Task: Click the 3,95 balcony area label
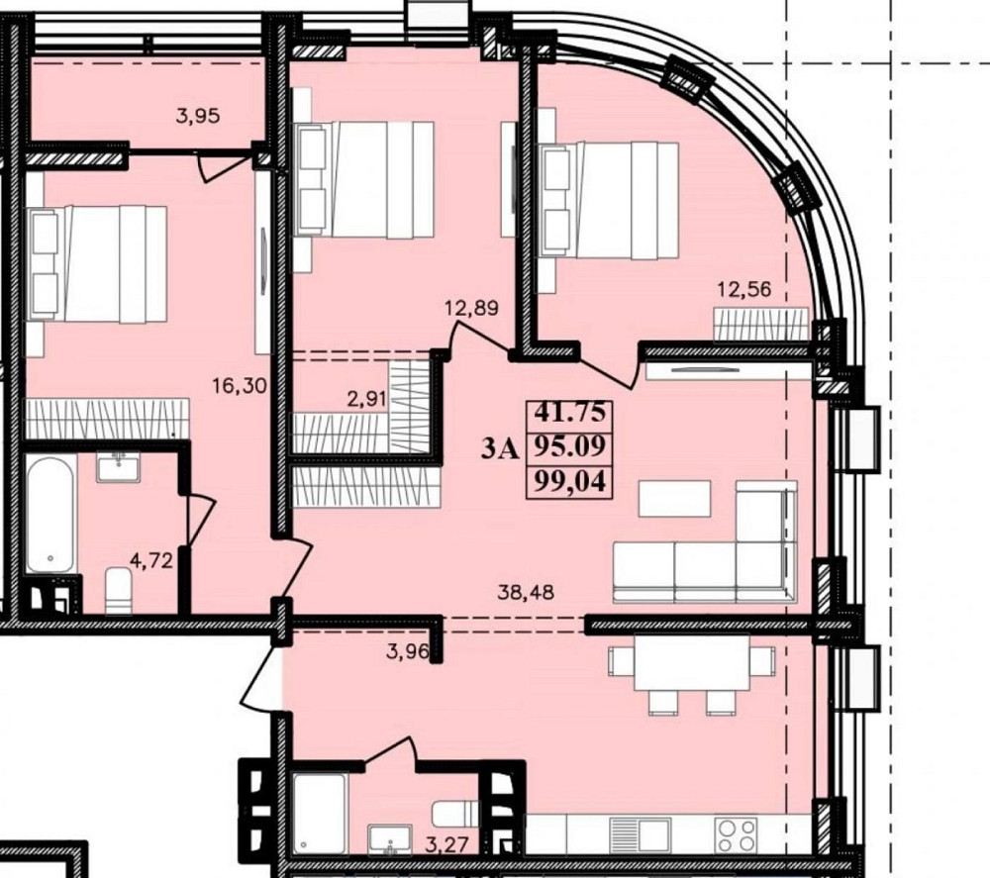click(198, 116)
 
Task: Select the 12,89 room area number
click(471, 308)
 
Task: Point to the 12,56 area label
click(743, 289)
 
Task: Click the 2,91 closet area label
click(367, 400)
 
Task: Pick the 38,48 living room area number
click(526, 592)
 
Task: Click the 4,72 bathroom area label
click(150, 560)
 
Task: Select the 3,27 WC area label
click(446, 844)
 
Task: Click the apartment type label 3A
click(500, 449)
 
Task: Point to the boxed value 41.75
click(570, 412)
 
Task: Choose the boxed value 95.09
click(570, 446)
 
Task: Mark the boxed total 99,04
click(570, 482)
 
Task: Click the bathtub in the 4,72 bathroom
click(51, 515)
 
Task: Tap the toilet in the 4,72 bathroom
click(119, 590)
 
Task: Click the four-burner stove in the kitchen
click(736, 835)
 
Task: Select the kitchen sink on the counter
click(642, 835)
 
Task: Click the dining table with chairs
click(691, 674)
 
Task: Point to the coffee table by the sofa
click(675, 499)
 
